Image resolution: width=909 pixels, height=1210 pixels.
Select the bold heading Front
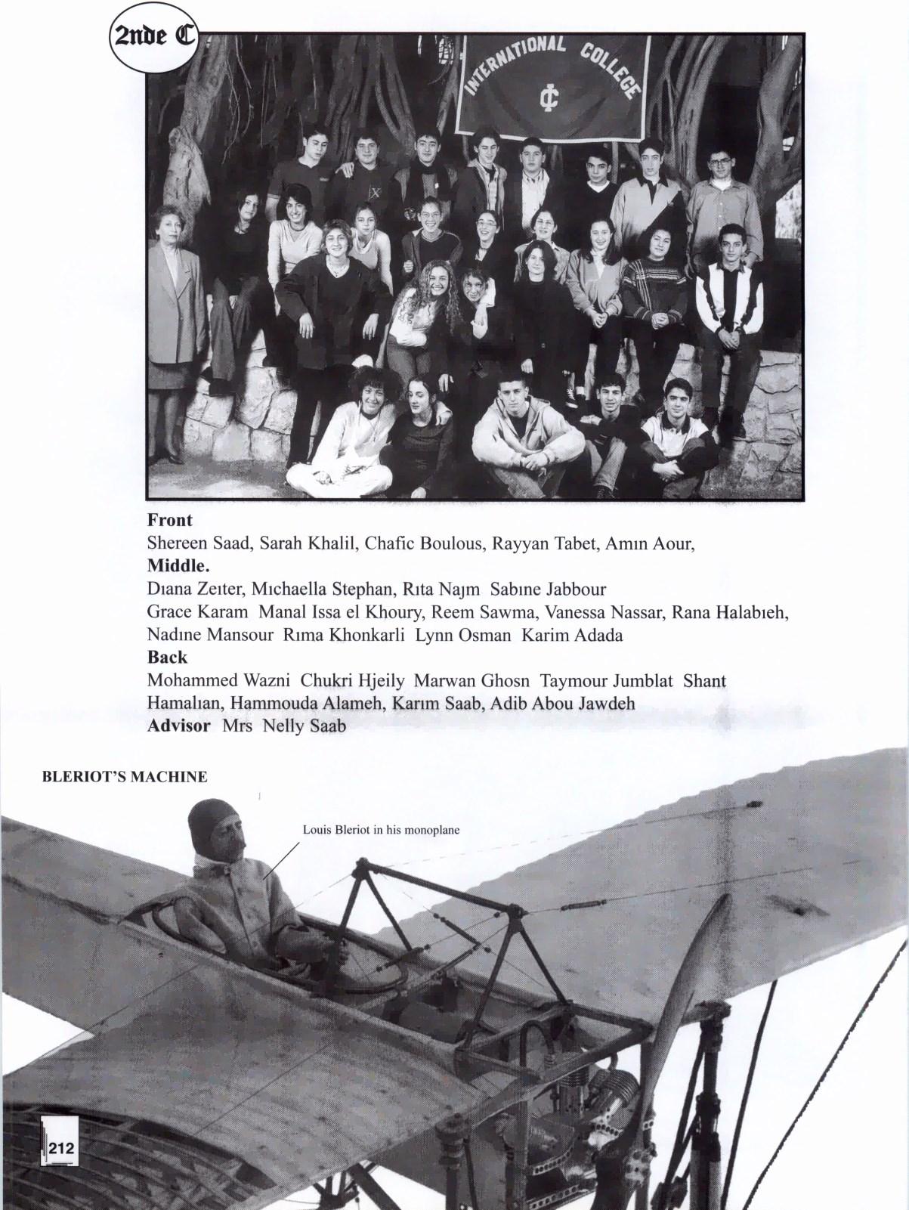[169, 520]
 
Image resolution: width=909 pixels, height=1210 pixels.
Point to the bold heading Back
[167, 657]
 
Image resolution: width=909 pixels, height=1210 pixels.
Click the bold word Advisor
[178, 726]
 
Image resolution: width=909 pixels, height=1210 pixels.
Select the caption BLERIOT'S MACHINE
[125, 777]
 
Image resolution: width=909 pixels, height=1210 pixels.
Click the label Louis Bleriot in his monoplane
[381, 830]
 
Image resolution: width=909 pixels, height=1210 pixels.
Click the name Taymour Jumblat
[606, 680]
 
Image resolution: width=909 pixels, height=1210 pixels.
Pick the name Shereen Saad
[198, 543]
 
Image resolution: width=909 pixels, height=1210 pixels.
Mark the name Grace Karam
[197, 611]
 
